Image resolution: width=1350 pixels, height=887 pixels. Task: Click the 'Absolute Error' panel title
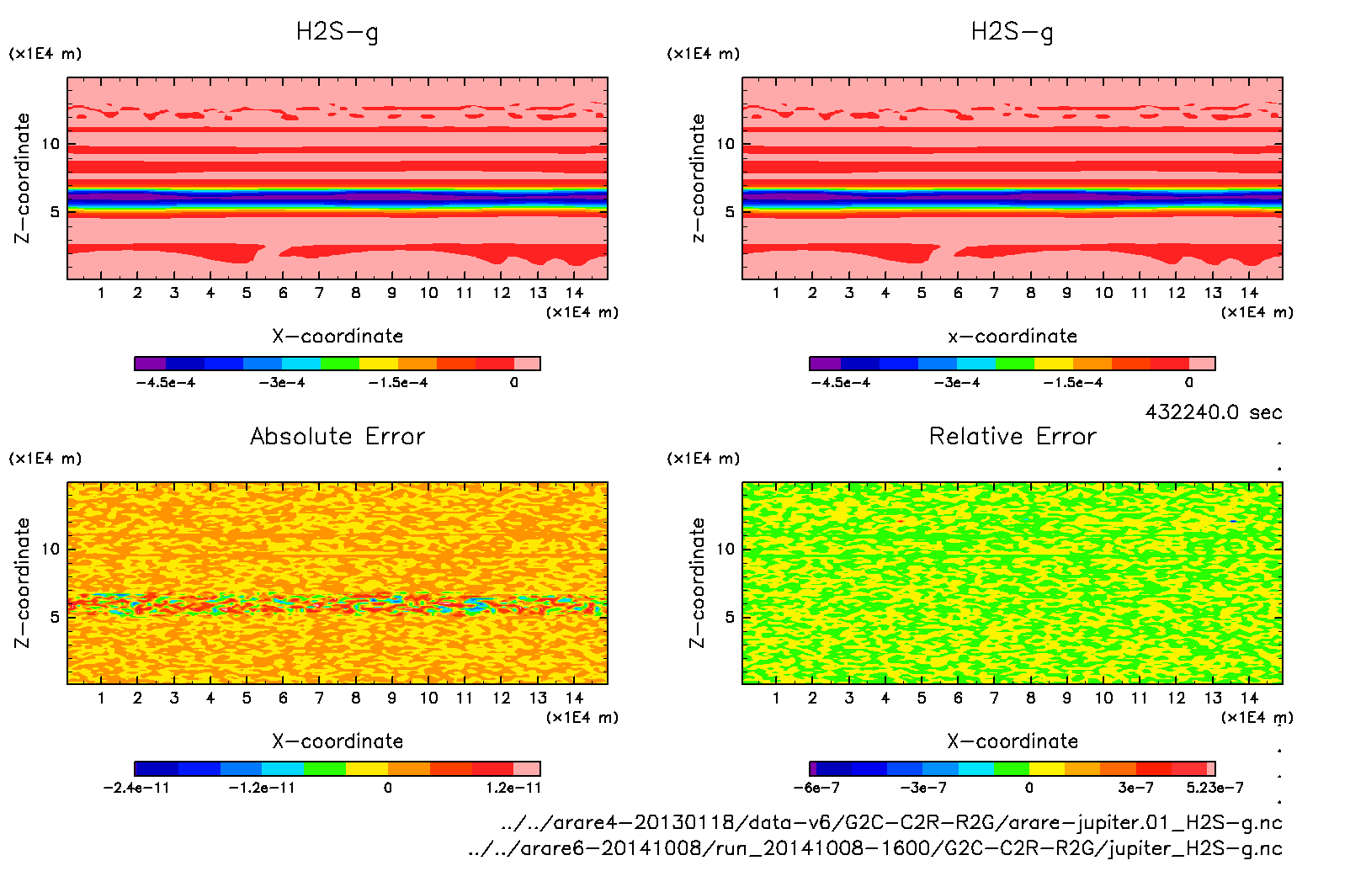pyautogui.click(x=337, y=436)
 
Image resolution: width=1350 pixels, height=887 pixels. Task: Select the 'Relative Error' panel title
pyautogui.click(x=1012, y=436)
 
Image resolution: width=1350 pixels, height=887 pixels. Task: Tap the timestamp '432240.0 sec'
pyautogui.click(x=1213, y=412)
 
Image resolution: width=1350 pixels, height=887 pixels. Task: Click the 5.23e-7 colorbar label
pyautogui.click(x=1214, y=788)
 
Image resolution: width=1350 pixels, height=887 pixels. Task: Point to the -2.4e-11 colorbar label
pyautogui.click(x=136, y=788)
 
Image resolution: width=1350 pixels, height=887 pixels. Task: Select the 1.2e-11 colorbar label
pyautogui.click(x=513, y=788)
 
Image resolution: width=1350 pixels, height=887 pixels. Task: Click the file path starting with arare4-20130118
pyautogui.click(x=890, y=822)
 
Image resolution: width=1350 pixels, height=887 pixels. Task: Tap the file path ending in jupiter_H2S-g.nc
pyautogui.click(x=875, y=848)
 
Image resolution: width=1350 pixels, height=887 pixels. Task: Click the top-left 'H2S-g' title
pyautogui.click(x=337, y=32)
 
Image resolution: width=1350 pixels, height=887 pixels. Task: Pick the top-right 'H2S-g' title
pyautogui.click(x=1012, y=32)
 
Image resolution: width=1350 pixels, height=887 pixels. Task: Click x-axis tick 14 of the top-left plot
pyautogui.click(x=574, y=293)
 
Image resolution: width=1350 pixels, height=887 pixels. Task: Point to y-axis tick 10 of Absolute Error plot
pyautogui.click(x=51, y=549)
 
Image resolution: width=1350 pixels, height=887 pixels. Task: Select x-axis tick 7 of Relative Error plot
pyautogui.click(x=994, y=698)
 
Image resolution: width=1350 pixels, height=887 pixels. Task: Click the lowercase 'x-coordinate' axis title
pyautogui.click(x=1012, y=337)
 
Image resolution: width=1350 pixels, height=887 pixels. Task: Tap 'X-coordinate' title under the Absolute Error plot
pyautogui.click(x=337, y=741)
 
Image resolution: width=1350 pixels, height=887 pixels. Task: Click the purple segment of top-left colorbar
pyautogui.click(x=151, y=364)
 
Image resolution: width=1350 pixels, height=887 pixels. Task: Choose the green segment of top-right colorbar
pyautogui.click(x=1014, y=364)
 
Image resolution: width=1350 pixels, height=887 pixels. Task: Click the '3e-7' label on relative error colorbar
pyautogui.click(x=1135, y=788)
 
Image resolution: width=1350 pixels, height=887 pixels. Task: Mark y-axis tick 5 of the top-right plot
pyautogui.click(x=730, y=212)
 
